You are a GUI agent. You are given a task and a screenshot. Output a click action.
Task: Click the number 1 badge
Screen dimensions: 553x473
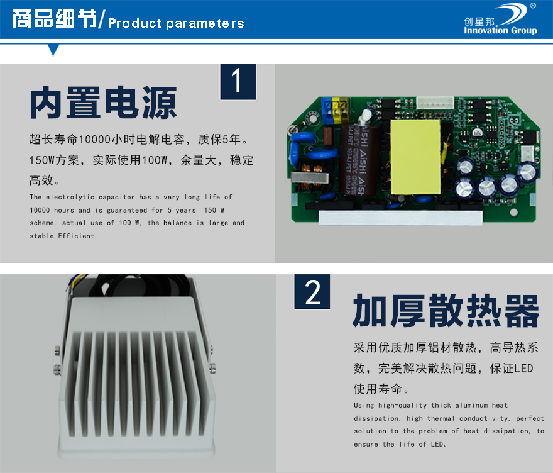coord(238,82)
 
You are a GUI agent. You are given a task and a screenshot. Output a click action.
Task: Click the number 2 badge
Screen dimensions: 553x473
coord(312,292)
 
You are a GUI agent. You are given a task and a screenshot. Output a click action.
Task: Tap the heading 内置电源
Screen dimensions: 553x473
coord(103,103)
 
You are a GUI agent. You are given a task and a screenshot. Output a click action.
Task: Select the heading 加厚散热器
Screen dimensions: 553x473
coord(446,311)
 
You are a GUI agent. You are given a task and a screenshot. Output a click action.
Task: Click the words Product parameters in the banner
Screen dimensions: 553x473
coord(176,23)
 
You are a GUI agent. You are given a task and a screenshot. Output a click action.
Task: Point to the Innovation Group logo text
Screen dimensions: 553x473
coord(500,30)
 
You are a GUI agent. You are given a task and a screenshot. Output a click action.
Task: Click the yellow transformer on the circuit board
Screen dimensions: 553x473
coord(415,157)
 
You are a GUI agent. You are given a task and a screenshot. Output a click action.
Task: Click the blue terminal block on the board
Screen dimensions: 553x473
coord(327,111)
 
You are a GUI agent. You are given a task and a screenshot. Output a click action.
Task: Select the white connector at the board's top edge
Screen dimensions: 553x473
coord(434,103)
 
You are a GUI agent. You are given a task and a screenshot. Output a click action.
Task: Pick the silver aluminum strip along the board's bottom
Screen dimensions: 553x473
coord(400,218)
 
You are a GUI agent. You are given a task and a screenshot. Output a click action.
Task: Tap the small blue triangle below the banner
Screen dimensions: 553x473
coord(53,50)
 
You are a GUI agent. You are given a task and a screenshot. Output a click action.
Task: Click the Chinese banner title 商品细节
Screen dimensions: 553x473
coord(55,18)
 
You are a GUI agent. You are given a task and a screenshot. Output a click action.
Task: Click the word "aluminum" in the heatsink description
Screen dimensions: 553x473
coord(471,405)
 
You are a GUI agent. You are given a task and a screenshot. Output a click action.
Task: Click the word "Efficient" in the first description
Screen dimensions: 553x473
coord(77,236)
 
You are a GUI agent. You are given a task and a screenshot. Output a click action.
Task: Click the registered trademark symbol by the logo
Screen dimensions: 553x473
coord(533,6)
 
